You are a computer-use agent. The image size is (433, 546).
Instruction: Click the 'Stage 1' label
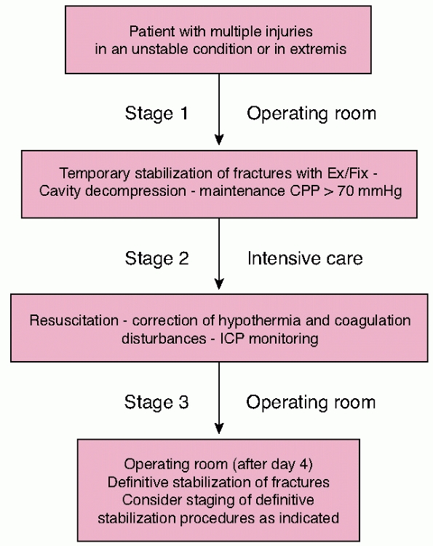[156, 114]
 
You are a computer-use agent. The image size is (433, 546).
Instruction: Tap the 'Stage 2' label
[156, 258]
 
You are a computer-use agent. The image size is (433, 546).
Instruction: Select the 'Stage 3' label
[156, 402]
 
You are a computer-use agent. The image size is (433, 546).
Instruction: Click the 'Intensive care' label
[305, 258]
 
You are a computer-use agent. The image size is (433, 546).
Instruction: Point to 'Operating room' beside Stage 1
[311, 114]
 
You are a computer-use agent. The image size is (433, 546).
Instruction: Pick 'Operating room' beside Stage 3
[311, 402]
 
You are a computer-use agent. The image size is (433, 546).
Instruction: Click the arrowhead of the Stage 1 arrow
[219, 139]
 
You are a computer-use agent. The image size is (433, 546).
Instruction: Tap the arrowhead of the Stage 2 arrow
[219, 284]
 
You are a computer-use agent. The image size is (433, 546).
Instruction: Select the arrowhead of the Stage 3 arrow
[219, 428]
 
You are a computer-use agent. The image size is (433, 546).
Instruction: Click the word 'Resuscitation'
[74, 321]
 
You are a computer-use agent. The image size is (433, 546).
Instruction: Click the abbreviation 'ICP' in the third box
[232, 339]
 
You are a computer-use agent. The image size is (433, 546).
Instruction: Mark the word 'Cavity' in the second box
[60, 191]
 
